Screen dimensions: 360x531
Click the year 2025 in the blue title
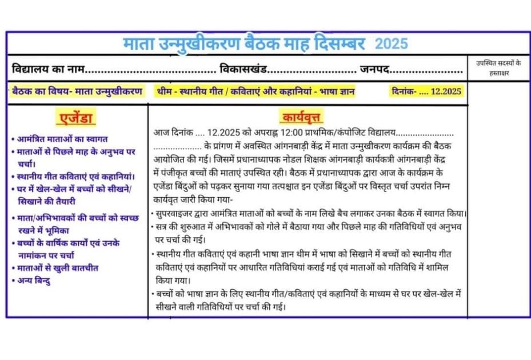tap(392, 43)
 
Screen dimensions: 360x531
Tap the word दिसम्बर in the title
tap(343, 43)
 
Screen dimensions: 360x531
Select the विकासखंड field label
tap(243, 70)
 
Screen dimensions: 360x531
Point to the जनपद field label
tap(374, 70)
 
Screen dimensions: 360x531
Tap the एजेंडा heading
tap(77, 118)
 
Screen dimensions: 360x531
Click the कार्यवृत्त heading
tap(301, 118)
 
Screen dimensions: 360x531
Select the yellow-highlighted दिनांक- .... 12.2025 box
tap(426, 91)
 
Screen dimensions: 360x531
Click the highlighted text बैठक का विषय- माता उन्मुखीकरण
tap(77, 91)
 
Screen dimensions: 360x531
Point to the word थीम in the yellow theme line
tap(165, 91)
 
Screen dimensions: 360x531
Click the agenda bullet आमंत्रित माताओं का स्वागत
tap(62, 139)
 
